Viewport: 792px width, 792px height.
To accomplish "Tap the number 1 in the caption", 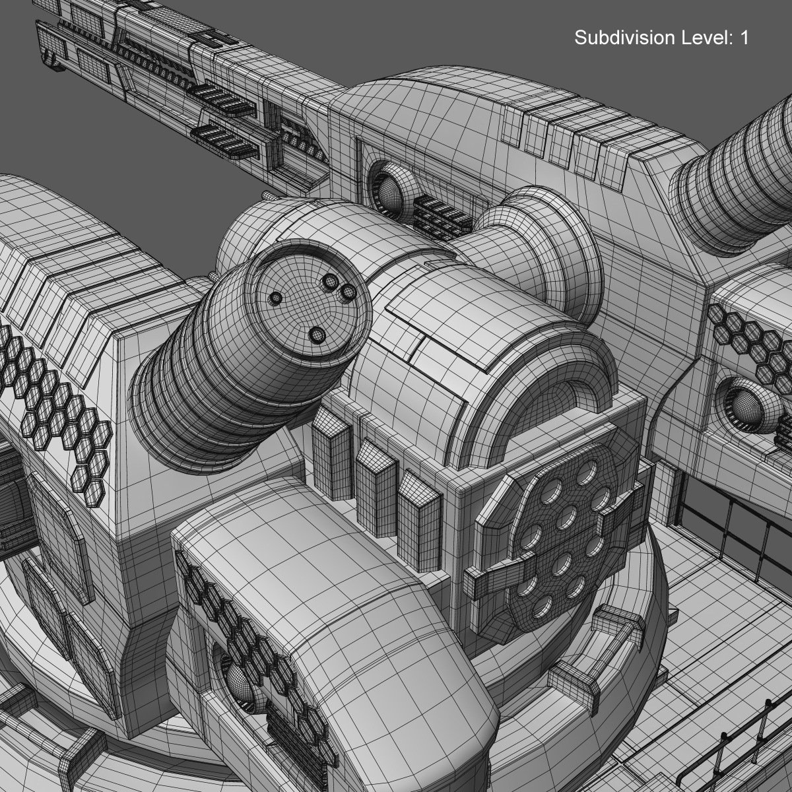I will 744,38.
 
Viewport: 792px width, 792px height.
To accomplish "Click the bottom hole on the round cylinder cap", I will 317,335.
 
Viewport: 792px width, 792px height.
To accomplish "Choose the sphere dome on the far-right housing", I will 746,403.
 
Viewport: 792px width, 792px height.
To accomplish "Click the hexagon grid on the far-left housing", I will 53,403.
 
